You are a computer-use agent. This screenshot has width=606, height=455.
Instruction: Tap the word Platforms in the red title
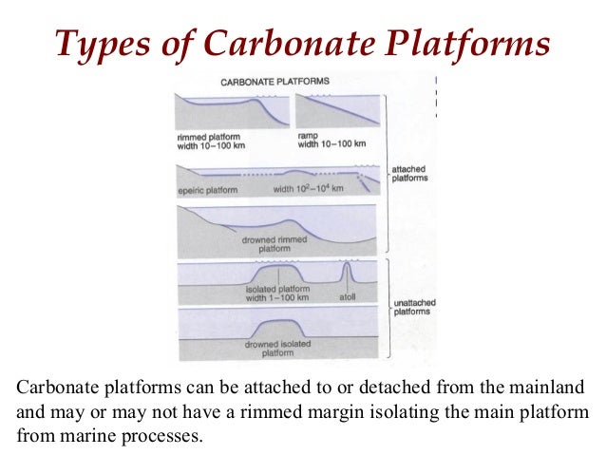click(464, 42)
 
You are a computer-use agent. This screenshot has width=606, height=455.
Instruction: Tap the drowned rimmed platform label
click(275, 243)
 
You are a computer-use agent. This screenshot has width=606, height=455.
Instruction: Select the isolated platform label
click(277, 293)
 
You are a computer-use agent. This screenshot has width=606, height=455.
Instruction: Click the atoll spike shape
click(349, 274)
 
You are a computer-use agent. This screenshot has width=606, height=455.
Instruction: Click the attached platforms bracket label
click(410, 173)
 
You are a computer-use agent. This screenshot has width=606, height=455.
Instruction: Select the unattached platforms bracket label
click(414, 307)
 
